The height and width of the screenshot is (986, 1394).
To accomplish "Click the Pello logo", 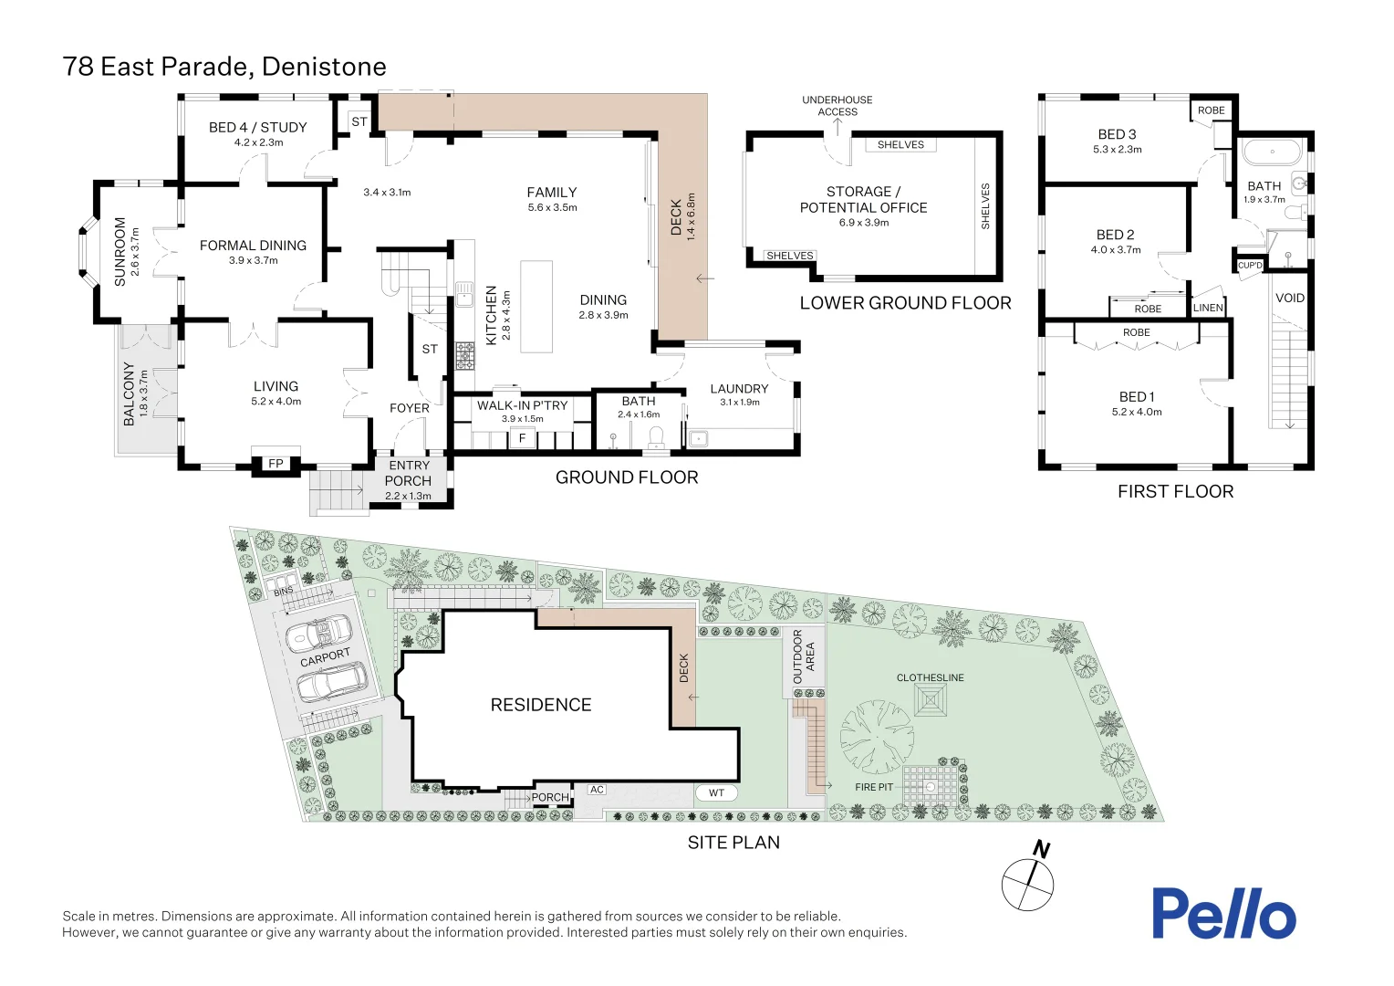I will [1222, 913].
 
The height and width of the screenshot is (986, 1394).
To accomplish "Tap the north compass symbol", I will [1028, 883].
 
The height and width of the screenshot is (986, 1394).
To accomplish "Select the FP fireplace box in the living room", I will [276, 463].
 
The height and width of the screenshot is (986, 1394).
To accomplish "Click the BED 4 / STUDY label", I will [257, 128].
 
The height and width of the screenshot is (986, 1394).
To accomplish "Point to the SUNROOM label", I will [120, 252].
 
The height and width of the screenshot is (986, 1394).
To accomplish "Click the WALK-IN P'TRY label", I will [522, 405].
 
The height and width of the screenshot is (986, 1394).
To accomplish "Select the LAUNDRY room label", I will [739, 389].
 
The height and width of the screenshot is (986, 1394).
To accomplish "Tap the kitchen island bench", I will [536, 307].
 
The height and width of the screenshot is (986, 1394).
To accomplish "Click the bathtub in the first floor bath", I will [1273, 152].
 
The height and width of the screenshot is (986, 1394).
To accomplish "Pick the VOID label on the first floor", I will [1289, 298].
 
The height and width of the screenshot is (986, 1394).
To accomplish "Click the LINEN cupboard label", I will [1208, 308].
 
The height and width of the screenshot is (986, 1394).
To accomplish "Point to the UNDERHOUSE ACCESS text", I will [837, 106].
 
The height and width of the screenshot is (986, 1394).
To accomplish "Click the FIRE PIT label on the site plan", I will [874, 787].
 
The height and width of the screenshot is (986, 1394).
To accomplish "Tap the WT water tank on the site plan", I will [716, 792].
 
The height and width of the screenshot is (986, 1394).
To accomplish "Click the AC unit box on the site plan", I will [597, 790].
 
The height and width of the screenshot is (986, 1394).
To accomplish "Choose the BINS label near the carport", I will [284, 592].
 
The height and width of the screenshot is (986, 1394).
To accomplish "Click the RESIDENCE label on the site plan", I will [541, 705].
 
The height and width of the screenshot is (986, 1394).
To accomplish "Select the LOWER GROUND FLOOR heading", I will [905, 303].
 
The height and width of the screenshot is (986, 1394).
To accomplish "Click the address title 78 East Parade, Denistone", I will [224, 67].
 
